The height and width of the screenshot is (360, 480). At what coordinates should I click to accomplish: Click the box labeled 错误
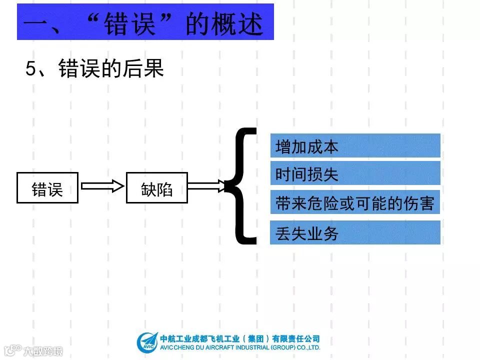(x=47, y=187)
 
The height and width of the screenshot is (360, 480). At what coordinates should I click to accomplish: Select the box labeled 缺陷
(x=156, y=187)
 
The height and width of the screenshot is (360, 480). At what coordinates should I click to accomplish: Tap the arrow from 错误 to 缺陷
(x=102, y=186)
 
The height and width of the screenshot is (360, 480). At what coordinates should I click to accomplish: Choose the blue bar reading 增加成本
(x=355, y=145)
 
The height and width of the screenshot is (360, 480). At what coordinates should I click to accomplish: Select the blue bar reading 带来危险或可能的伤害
(x=355, y=202)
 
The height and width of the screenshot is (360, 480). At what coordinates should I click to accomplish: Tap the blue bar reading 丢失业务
(x=355, y=232)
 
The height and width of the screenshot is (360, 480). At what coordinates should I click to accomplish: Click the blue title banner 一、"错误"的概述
(x=145, y=22)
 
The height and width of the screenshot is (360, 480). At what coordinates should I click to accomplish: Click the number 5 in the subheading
(x=31, y=69)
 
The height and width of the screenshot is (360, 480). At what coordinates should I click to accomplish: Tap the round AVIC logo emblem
(x=147, y=343)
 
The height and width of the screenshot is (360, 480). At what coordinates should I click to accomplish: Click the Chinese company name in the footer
(x=240, y=338)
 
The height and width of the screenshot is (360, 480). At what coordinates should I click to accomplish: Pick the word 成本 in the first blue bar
(x=323, y=146)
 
